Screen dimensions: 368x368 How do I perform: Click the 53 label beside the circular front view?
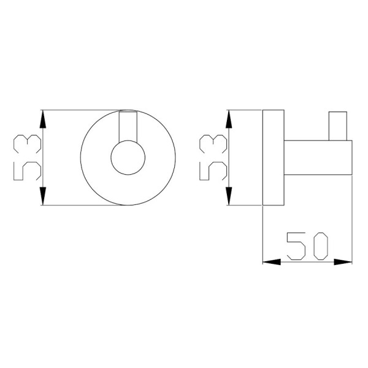tap(28, 158)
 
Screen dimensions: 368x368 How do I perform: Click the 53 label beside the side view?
tap(213, 158)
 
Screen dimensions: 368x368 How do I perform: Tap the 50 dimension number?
tap(307, 246)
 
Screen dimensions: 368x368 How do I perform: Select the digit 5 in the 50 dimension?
tap(296, 246)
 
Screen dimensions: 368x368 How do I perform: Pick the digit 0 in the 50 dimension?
tap(321, 246)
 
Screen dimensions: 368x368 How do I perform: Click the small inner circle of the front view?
tap(128, 158)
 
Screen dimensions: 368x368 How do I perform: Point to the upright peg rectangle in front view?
tap(128, 127)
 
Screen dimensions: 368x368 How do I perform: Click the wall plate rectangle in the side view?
tap(274, 158)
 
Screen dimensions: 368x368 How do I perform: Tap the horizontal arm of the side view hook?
tap(318, 158)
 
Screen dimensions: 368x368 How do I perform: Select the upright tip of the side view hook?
tap(338, 126)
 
